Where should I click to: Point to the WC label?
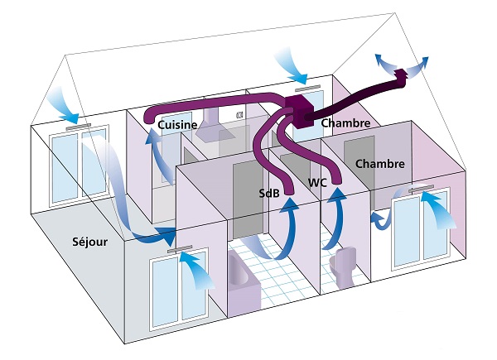point(316,181)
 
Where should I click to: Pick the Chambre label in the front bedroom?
point(379,164)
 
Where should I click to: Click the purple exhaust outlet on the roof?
point(401,79)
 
